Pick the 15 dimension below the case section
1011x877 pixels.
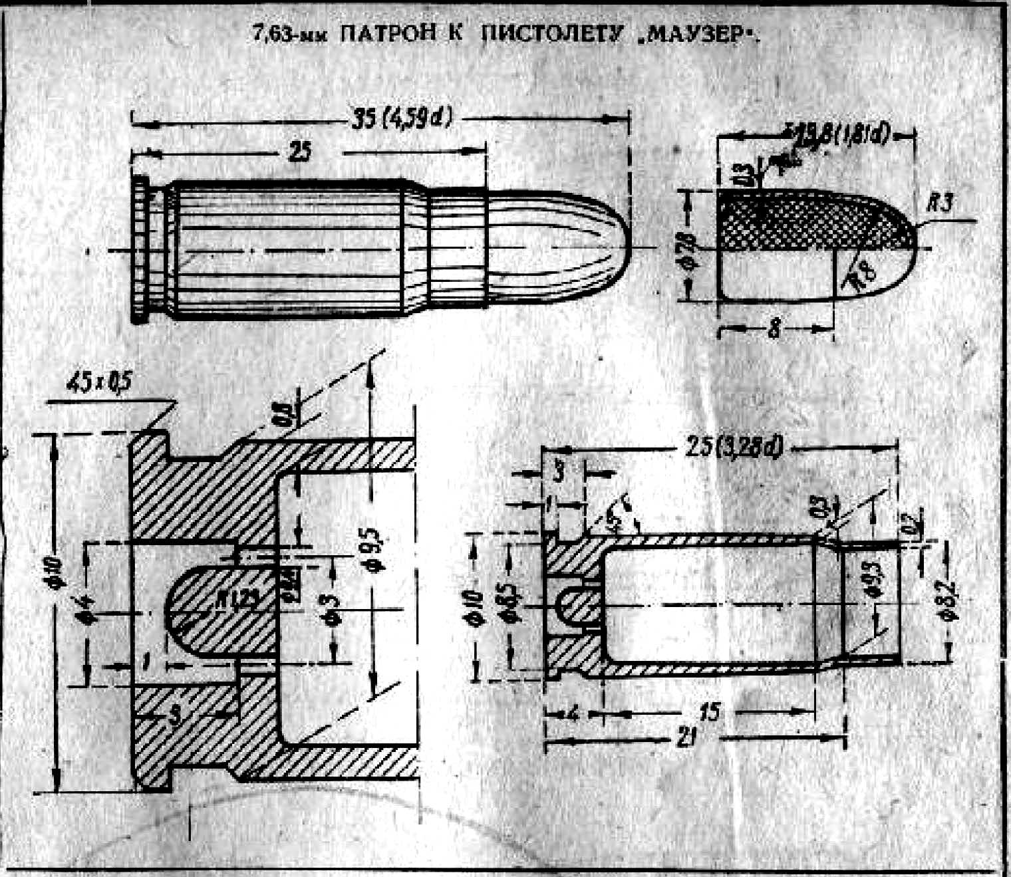[x=711, y=714]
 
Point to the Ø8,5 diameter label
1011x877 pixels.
[x=513, y=606]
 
